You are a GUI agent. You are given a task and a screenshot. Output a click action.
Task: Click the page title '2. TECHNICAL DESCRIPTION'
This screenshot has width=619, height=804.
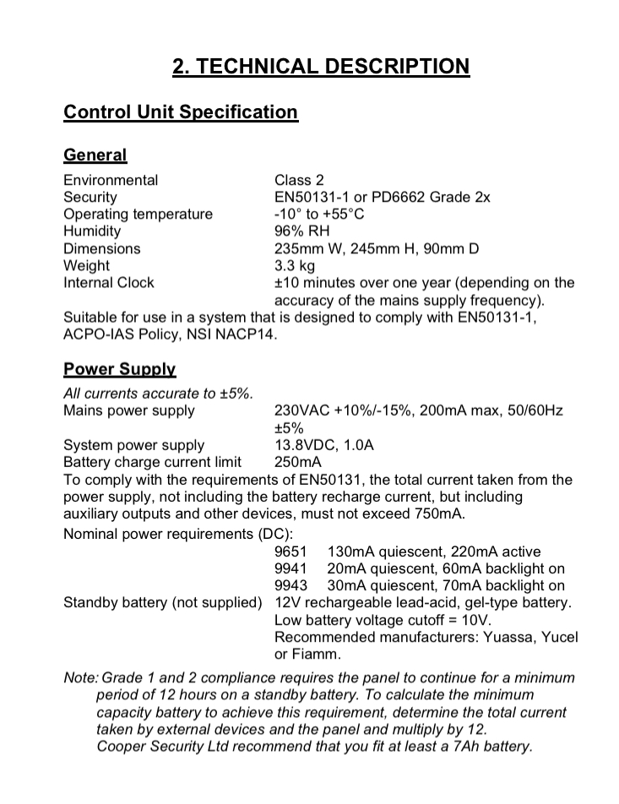321,66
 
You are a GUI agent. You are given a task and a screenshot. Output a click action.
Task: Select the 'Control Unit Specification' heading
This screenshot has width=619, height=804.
181,112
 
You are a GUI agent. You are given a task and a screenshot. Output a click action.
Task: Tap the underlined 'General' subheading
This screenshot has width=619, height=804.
95,155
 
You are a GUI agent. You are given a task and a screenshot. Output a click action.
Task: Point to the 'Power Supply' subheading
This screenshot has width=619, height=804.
120,369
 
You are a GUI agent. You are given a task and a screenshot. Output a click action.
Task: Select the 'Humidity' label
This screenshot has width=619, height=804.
92,231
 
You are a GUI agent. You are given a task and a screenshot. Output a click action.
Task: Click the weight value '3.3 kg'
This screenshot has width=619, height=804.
295,265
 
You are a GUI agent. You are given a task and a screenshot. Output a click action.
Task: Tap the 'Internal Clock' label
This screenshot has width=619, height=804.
109,283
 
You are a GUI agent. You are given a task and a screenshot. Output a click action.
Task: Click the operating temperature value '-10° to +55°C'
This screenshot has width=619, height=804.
319,214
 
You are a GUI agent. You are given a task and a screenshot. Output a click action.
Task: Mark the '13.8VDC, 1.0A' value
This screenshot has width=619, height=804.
324,445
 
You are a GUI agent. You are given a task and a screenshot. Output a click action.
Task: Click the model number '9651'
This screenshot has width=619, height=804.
290,551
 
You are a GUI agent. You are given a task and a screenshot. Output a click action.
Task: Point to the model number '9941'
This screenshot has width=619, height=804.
290,568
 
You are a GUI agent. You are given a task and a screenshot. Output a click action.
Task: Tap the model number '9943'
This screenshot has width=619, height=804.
290,585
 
